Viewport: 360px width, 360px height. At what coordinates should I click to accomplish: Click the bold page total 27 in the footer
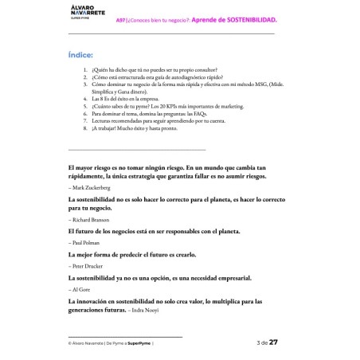coord(273,342)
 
